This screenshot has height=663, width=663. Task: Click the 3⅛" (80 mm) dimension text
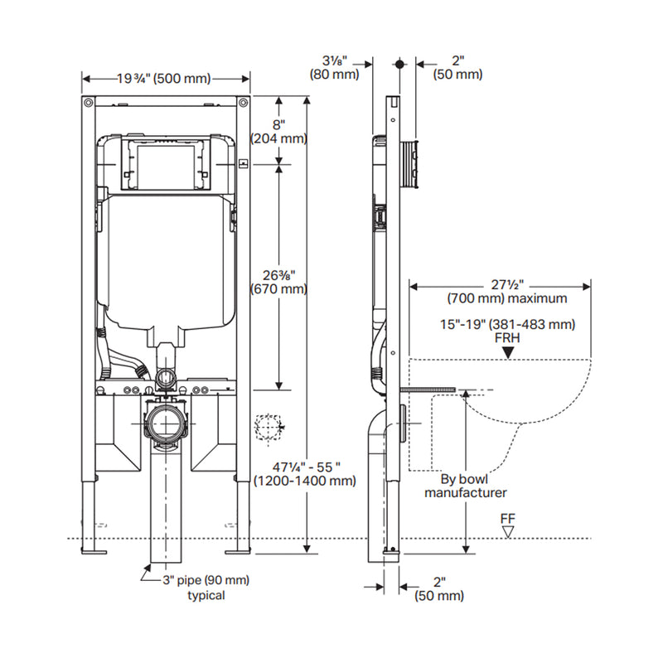tap(335, 66)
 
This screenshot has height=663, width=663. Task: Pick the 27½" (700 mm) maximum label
tap(506, 291)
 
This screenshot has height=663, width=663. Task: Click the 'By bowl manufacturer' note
tap(465, 485)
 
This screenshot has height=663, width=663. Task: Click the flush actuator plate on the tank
tap(164, 162)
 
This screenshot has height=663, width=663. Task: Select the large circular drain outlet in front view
tap(166, 423)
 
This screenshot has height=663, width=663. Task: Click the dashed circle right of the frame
tap(268, 428)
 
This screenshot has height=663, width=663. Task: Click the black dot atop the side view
tap(399, 63)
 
